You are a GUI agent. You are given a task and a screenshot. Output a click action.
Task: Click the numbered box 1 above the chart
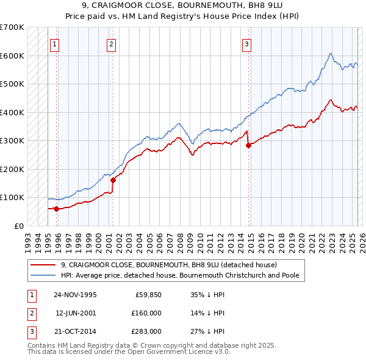tap(55, 43)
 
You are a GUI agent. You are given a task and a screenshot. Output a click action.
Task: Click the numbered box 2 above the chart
tap(112, 43)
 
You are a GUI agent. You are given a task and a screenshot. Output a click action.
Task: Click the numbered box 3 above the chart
tap(247, 43)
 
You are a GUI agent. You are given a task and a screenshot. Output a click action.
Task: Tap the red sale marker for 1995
tap(56, 209)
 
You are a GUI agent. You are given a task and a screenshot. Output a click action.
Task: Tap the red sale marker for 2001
tap(113, 180)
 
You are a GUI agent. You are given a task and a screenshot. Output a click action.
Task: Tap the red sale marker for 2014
tap(248, 145)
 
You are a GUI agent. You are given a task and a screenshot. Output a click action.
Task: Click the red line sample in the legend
tap(43, 265)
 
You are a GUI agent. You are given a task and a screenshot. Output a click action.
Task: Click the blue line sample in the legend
tap(43, 276)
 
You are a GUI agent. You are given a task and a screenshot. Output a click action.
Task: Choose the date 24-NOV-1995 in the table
tap(75, 295)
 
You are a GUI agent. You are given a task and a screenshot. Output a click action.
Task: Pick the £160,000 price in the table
tap(146, 313)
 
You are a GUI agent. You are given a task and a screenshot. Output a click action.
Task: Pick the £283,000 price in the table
tap(146, 331)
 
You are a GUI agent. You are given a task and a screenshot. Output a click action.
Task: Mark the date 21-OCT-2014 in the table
tap(75, 331)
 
